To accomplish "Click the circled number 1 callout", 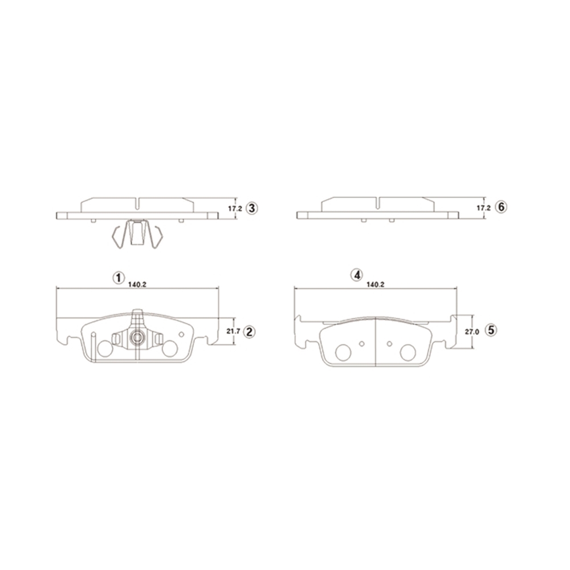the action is [119, 278].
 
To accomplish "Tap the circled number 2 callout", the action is [250, 332].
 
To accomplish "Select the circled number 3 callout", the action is [251, 209].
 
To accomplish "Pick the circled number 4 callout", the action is [357, 275].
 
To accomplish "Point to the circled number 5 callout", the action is [491, 330].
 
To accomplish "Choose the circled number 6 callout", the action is [501, 207].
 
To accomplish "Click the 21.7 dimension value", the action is [233, 332].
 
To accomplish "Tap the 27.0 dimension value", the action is [472, 332].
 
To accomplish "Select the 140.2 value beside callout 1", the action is [137, 284].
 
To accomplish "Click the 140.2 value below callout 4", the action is [376, 284].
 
